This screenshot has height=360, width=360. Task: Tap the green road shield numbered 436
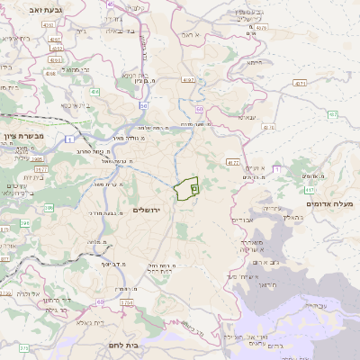95,91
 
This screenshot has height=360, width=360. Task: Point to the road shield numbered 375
24,346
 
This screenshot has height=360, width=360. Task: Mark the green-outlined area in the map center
185,188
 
